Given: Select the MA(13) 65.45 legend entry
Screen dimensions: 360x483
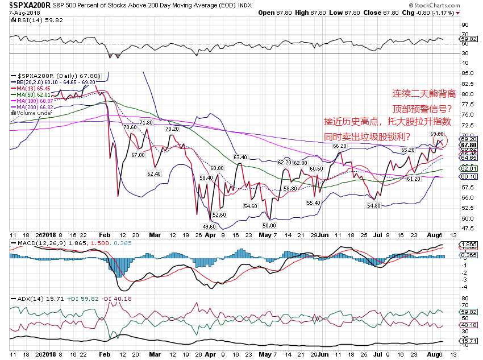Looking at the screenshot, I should pos(34,88).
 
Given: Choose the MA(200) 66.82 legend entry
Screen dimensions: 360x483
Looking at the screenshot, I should pos(35,106).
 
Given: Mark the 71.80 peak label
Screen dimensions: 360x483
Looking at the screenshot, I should pos(145,122).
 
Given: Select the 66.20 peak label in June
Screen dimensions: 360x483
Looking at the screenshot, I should pos(339,146).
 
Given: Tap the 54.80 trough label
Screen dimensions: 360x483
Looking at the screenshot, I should pos(374,205).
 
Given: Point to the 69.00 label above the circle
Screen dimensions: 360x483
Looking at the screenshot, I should pos(436,133).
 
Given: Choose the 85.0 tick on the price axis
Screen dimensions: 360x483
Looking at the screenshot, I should pos(466,73).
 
